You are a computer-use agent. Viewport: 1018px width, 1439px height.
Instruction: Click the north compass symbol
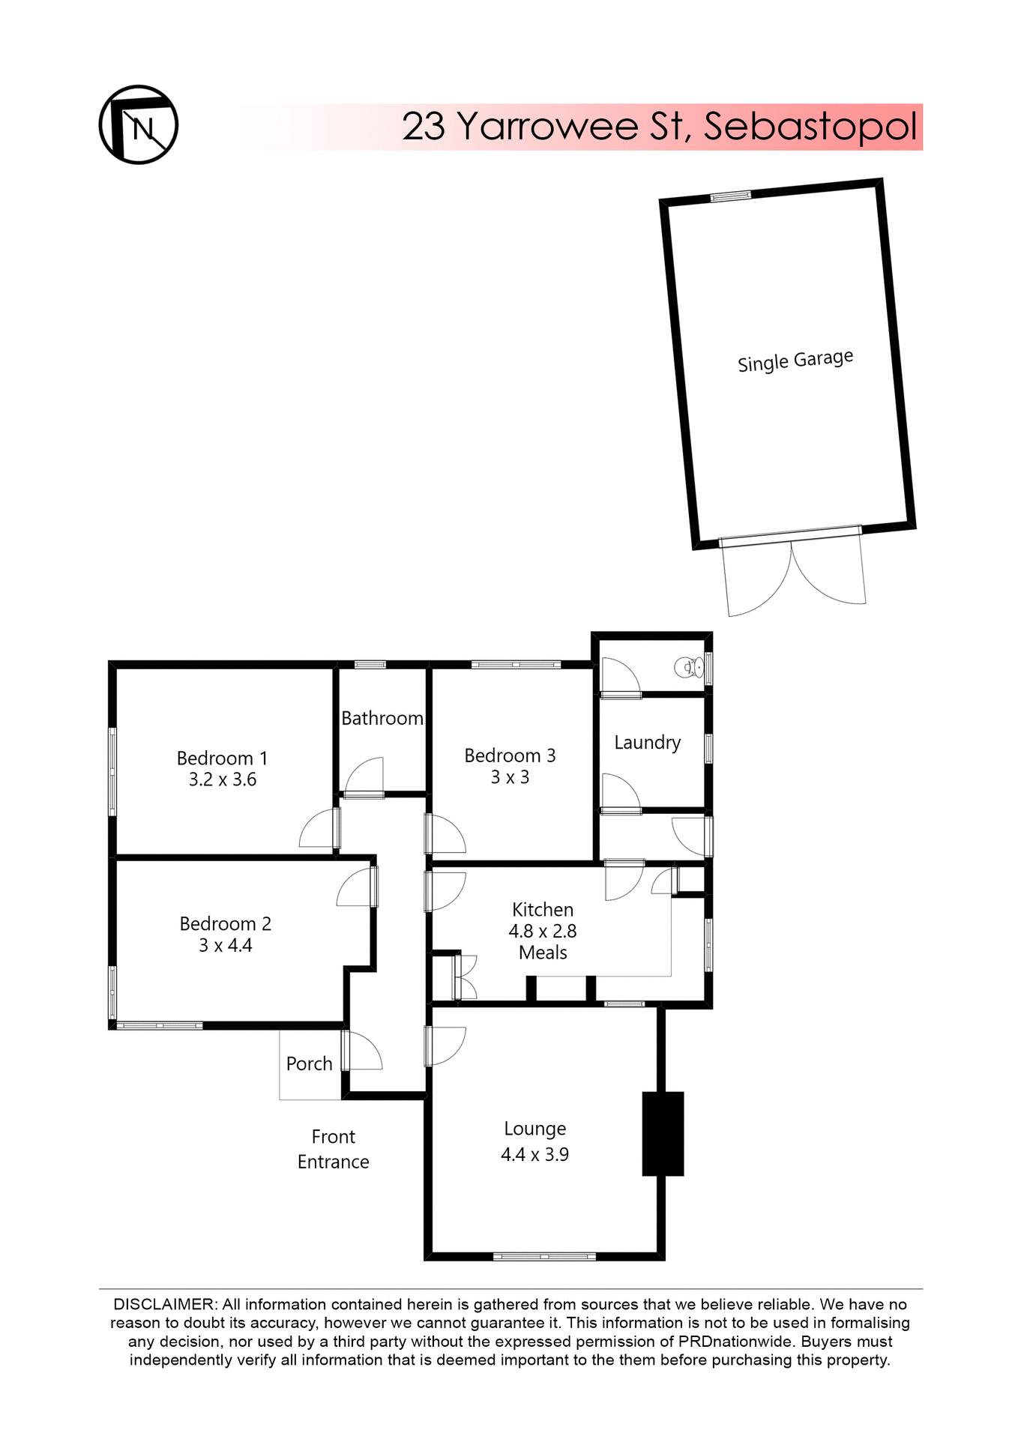pos(139,124)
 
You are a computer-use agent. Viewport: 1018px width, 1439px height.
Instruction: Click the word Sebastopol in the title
pos(810,126)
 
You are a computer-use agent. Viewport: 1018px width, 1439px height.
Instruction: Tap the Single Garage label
pos(795,360)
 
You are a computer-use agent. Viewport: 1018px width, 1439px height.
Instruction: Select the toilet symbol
pos(689,666)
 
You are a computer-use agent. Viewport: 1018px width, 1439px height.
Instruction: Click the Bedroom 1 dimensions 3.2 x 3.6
pos(223,779)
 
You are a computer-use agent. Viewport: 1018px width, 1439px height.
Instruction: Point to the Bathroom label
pos(382,718)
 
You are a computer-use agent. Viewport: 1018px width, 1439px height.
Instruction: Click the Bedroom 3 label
pos(510,755)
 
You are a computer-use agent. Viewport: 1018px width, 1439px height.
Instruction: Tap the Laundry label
pos(648,742)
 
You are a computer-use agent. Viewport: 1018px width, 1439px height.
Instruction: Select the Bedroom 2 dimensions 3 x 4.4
pos(225,945)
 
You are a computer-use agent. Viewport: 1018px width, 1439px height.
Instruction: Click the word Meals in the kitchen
pos(543,953)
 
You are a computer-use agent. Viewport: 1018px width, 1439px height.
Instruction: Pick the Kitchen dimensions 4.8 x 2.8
pos(543,931)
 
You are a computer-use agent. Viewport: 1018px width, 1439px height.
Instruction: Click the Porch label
pos(309,1064)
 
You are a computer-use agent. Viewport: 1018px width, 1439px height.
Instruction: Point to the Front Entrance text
pos(334,1149)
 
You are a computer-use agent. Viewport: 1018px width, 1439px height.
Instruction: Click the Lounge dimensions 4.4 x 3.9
pos(534,1154)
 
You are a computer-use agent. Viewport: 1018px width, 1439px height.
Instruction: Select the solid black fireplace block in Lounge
pos(663,1133)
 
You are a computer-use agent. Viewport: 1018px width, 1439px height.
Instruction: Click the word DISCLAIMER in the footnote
pos(163,1304)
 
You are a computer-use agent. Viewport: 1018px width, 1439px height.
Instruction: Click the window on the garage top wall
pos(730,196)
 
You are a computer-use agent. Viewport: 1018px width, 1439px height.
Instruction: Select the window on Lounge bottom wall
pos(544,1256)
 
